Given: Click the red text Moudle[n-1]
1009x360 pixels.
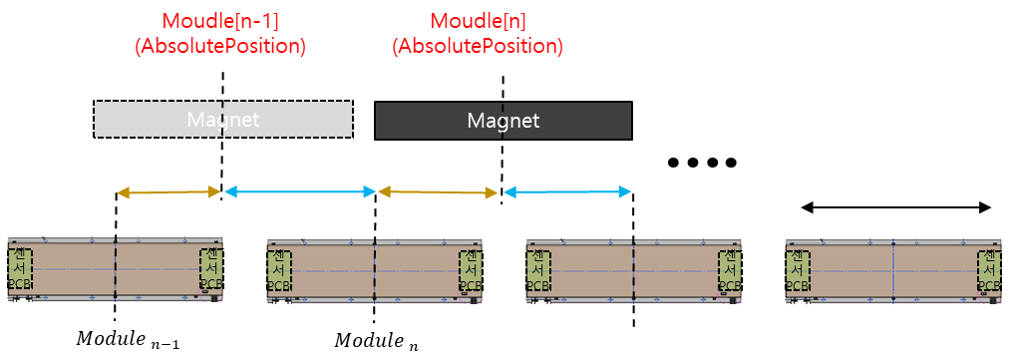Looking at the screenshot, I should [219, 20].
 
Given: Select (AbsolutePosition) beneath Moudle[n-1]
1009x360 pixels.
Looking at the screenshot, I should [219, 46].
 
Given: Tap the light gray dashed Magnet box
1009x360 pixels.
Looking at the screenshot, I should [223, 120].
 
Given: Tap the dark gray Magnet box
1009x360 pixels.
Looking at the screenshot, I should [504, 121].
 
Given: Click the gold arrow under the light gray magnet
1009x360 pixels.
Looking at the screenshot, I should [168, 191].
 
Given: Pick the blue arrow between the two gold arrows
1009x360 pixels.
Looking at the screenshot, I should [299, 191].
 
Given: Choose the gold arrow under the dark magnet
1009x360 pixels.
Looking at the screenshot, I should [438, 191].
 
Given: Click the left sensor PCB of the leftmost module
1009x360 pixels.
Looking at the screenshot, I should [20, 269].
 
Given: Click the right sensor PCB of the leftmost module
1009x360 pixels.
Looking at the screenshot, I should [211, 269].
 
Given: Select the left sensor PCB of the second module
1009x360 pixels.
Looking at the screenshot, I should [278, 269].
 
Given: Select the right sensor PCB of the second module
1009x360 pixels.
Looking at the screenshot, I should [471, 269].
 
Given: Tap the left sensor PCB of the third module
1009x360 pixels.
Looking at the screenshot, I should [537, 269].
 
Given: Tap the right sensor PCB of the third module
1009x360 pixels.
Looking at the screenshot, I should [730, 269].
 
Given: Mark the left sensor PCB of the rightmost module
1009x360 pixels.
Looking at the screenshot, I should [797, 269].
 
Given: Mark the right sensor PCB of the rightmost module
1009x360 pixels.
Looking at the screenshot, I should [988, 269].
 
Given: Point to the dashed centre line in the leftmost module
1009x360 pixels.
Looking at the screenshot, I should [116, 269].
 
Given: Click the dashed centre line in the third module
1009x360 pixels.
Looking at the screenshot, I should [634, 269].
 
